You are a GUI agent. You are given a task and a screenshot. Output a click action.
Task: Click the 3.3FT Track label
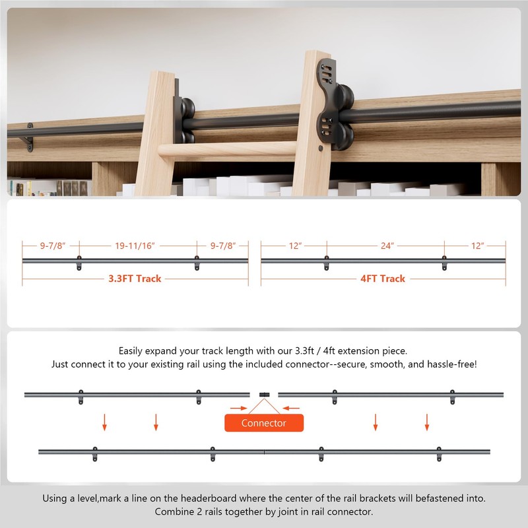tap(135, 279)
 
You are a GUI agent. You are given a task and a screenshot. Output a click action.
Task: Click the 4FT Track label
tap(383, 279)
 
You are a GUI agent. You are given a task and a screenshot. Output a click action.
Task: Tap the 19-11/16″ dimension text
tap(134, 246)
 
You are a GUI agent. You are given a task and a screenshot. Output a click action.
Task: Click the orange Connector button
tap(264, 423)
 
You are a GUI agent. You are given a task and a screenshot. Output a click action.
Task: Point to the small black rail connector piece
tap(264, 394)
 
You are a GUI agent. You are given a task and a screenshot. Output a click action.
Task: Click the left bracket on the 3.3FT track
tap(79, 263)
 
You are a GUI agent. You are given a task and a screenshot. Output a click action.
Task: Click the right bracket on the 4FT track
tap(444, 263)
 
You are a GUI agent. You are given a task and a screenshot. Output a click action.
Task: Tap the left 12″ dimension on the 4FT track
tap(295, 246)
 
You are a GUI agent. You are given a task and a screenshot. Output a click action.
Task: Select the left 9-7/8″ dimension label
tap(50, 246)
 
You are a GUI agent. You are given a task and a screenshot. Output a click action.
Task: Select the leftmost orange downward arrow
tap(104, 421)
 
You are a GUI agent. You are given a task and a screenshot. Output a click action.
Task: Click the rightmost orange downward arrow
tap(427, 421)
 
